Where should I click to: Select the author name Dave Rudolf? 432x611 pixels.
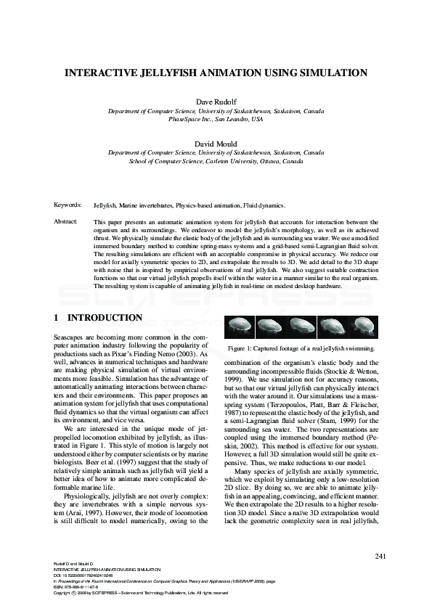(216, 102)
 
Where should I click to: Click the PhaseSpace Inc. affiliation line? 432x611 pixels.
(216, 119)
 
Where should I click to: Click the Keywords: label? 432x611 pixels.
(68, 206)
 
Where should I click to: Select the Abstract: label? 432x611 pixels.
(67, 221)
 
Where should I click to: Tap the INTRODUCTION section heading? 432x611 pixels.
(105, 318)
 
